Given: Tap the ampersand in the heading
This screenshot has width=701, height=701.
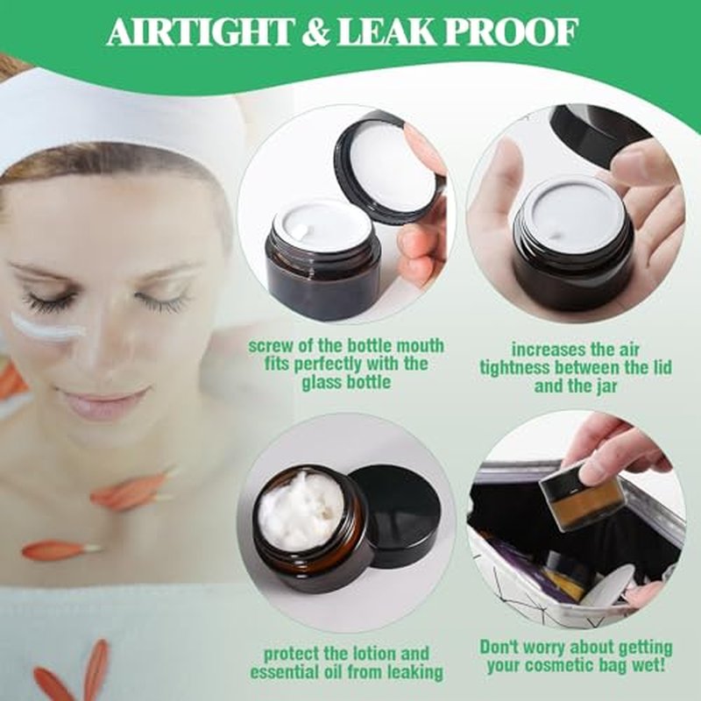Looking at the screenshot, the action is tap(315, 32).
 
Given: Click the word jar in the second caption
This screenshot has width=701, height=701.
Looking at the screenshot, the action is tap(605, 386).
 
